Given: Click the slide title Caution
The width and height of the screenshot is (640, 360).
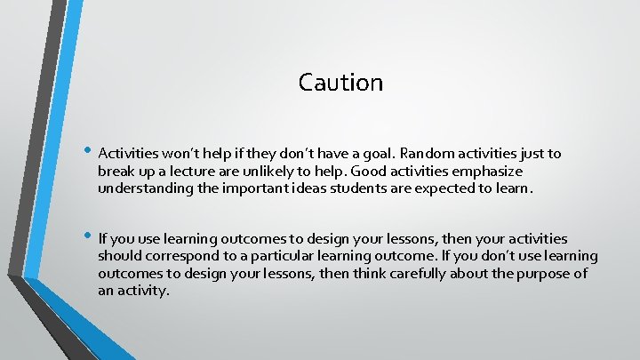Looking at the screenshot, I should tap(340, 83).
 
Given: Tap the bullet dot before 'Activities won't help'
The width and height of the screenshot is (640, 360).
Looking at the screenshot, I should tap(87, 150).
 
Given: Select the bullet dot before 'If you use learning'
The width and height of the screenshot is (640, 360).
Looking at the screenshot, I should tap(87, 236).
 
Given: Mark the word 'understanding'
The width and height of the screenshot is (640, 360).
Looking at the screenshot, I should tap(142, 188).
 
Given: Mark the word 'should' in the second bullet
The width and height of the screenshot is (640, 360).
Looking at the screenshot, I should tap(119, 256).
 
